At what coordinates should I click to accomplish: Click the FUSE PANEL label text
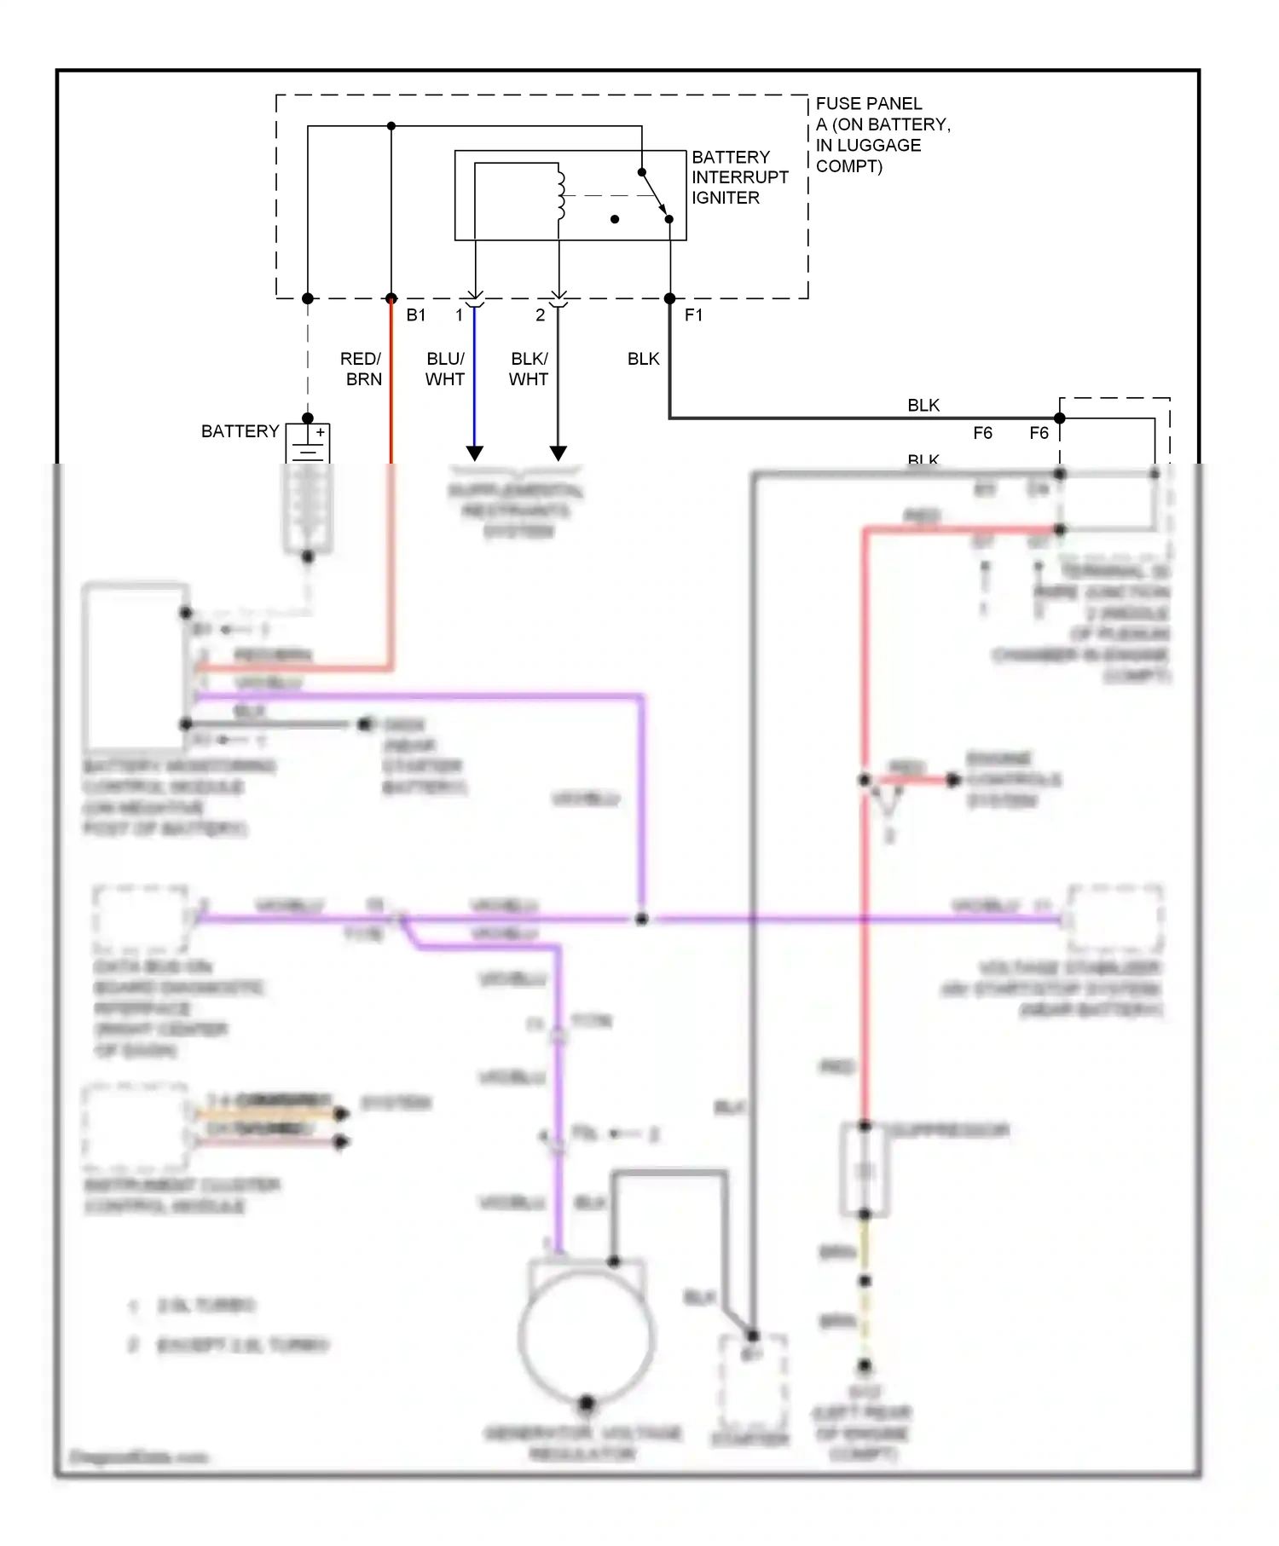coord(868,104)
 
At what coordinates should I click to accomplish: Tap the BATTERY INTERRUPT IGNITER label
coord(738,177)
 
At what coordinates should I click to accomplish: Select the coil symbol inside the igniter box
coord(560,195)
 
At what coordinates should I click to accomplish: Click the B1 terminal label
coord(415,315)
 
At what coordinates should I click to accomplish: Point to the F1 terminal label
coord(693,315)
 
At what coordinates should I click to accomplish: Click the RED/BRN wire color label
coord(362,369)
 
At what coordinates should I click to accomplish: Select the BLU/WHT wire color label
coord(445,369)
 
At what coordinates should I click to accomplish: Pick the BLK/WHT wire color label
coord(529,369)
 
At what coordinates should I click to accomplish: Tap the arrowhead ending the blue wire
coord(475,453)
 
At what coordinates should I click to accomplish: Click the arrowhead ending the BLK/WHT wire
coord(558,453)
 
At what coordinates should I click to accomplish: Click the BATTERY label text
coord(240,432)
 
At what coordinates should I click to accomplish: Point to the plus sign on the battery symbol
coord(321,432)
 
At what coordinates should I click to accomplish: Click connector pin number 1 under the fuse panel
coord(459,315)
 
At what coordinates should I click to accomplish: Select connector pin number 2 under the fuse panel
coord(540,315)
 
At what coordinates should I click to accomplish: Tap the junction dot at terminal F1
coord(669,298)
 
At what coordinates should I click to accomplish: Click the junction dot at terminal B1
coord(391,298)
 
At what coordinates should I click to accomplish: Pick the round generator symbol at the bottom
coord(587,1338)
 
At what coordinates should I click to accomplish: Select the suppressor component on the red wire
coord(865,1170)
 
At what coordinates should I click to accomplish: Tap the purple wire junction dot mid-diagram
coord(642,919)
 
